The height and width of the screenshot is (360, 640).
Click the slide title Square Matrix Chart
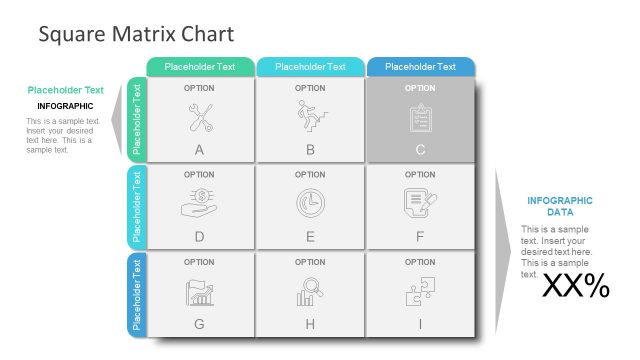(136, 35)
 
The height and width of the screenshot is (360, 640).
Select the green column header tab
(200, 67)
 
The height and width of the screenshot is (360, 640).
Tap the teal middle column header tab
(310, 67)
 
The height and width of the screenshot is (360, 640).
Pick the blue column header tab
(420, 67)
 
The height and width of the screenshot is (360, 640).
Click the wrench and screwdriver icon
(199, 118)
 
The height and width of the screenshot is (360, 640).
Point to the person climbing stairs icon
(310, 117)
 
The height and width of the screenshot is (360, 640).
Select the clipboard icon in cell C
(420, 118)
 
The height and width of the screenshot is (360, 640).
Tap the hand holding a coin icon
(199, 203)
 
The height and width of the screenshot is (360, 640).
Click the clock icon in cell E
(310, 203)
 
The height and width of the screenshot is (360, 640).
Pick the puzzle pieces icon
(420, 291)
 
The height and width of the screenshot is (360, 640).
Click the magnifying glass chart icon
(310, 291)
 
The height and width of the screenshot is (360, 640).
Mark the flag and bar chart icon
(199, 292)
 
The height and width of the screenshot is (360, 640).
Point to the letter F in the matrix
(420, 237)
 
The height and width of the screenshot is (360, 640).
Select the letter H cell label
(310, 324)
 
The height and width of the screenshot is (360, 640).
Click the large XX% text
(575, 287)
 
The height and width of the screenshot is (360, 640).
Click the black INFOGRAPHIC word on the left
(65, 106)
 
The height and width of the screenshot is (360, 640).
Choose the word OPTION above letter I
(420, 262)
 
